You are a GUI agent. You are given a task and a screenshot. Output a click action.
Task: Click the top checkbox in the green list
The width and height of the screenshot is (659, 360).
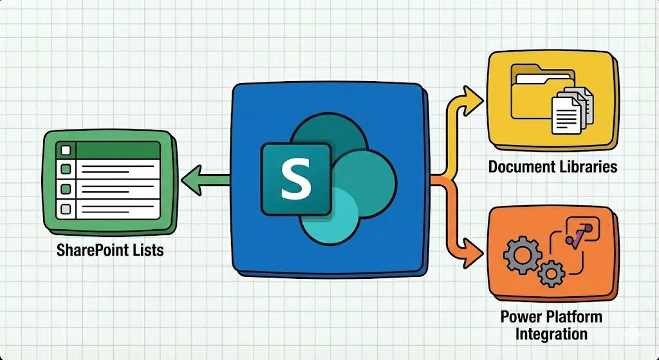[65, 151]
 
